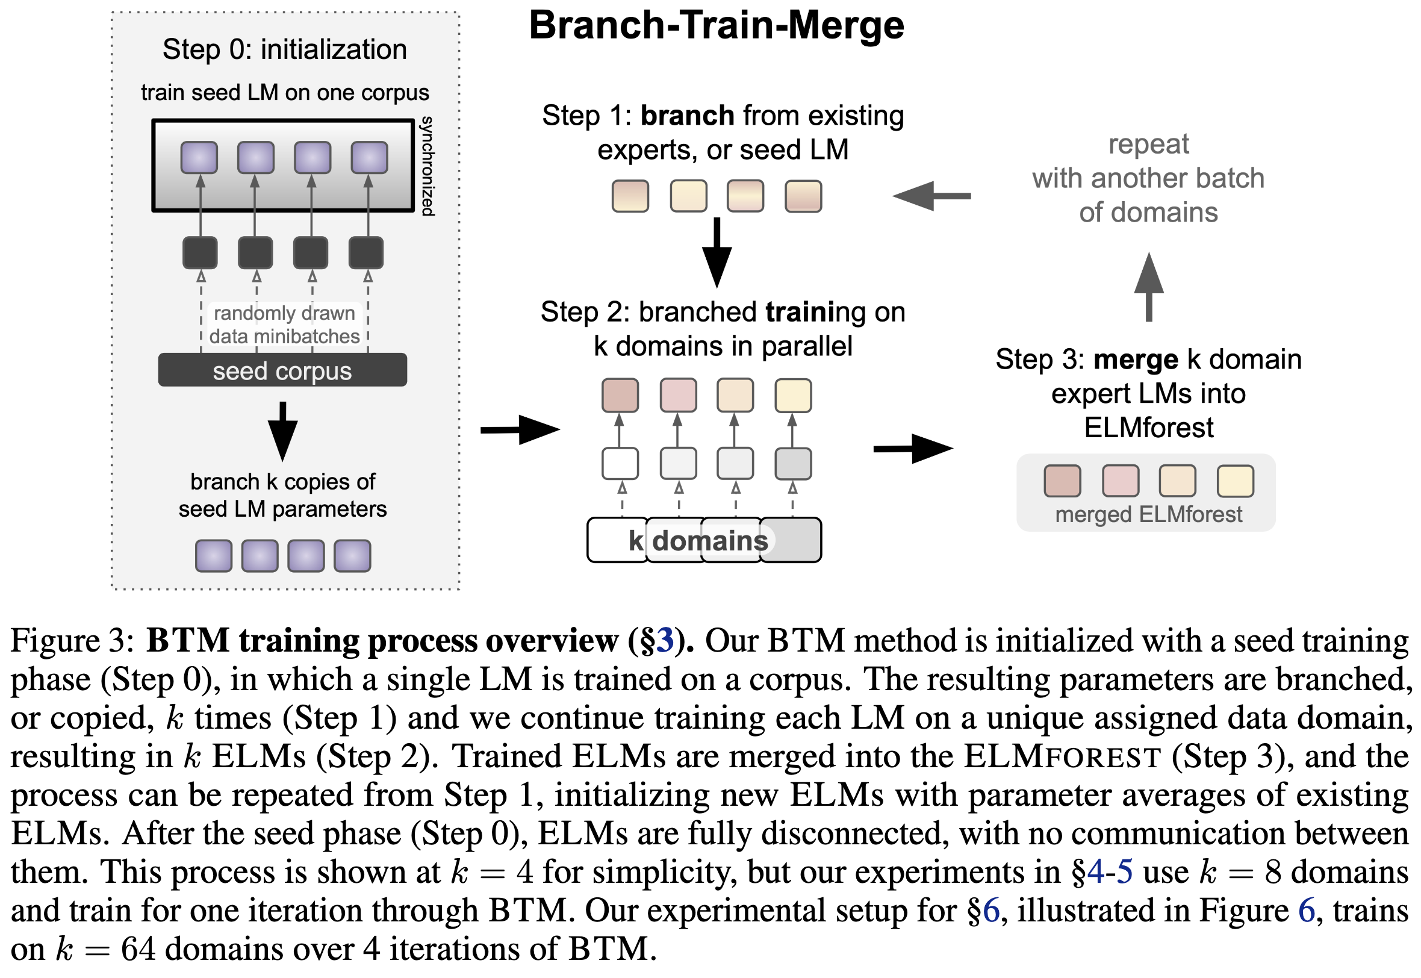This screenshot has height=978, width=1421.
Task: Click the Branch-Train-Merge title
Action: click(x=716, y=26)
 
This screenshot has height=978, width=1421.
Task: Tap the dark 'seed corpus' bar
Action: click(x=282, y=370)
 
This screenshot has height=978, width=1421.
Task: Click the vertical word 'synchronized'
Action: click(x=427, y=166)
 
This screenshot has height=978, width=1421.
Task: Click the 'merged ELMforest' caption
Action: click(x=1148, y=514)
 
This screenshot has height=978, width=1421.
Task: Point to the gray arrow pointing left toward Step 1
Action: click(x=931, y=196)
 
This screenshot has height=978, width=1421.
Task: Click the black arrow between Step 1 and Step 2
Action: click(x=716, y=252)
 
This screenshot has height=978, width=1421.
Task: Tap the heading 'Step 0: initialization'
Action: click(x=284, y=49)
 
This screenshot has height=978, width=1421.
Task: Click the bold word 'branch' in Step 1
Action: click(x=687, y=115)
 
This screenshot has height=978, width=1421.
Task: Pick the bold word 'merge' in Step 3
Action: click(x=1135, y=359)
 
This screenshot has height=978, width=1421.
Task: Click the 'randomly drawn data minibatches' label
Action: click(x=284, y=325)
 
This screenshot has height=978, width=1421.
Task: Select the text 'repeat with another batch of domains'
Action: click(x=1148, y=178)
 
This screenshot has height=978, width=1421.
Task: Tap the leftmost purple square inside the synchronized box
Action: click(x=199, y=158)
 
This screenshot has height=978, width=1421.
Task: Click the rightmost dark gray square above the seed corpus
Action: click(x=365, y=252)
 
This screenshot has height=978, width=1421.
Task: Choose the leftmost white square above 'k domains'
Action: click(x=620, y=463)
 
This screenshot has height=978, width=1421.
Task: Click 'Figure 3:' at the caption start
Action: click(x=72, y=641)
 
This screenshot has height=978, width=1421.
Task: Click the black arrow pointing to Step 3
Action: click(x=913, y=449)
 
